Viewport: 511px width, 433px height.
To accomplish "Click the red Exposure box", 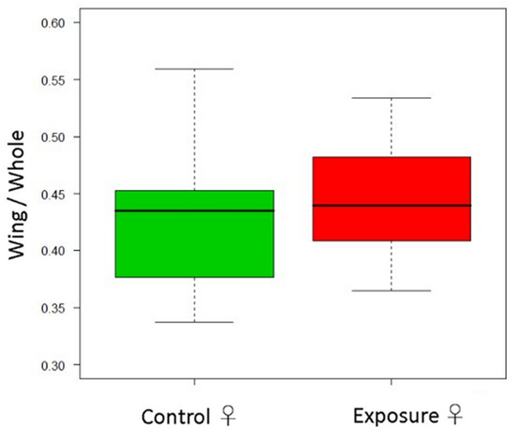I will [392, 223].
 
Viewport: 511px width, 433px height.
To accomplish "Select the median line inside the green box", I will [194, 210].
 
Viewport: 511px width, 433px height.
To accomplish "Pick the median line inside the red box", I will [392, 205].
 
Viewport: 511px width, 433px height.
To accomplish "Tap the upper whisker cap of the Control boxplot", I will [194, 69].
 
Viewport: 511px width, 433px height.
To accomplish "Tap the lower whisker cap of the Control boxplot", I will [194, 321].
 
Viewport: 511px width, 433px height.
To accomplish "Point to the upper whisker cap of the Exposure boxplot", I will [392, 98].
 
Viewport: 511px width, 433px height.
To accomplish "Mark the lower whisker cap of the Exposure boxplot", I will [392, 290].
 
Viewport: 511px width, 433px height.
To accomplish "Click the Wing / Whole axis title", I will [20, 194].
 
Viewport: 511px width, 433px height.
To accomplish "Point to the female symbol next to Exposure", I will [454, 418].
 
